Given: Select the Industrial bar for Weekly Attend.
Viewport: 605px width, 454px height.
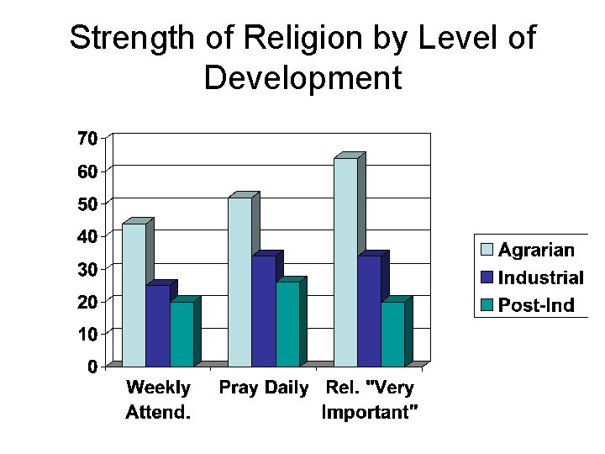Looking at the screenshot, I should coord(157,326).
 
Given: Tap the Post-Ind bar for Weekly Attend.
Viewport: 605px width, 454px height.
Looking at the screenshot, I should coord(181,334).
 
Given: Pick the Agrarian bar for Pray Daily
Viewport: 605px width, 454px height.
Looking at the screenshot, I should coord(239,282).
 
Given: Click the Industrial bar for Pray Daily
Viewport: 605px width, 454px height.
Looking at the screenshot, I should coord(263,311).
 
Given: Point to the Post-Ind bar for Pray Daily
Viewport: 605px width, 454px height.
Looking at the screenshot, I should coord(287,324).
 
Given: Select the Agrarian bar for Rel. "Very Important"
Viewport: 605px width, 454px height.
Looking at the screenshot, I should coord(345,262).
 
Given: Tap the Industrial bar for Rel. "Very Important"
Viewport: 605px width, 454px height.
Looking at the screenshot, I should coord(369,311).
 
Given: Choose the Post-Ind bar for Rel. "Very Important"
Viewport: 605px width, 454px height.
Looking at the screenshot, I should coord(392,334).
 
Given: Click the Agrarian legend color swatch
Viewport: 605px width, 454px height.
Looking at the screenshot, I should coord(487,250).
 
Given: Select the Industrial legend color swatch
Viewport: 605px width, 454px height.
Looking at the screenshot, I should coord(487,277).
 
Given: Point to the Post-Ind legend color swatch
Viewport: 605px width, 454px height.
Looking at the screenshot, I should coord(487,304).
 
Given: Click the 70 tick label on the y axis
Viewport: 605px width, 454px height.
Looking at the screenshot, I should coord(87,138).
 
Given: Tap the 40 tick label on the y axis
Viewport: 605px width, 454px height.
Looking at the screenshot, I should coord(87,236).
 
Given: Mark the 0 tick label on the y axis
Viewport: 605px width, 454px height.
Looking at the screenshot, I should coord(92,367).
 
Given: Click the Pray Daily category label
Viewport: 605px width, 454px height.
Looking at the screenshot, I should coord(264,388).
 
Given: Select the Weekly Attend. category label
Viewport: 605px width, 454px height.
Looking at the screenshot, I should coord(159,399).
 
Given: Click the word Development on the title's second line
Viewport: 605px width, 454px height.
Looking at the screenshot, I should coord(302,78).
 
